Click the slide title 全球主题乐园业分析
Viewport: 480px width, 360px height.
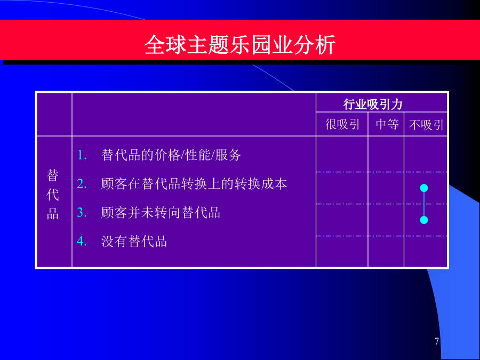(x=240, y=45)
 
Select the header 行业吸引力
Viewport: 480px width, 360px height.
(x=373, y=105)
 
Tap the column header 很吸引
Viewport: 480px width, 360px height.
(x=342, y=125)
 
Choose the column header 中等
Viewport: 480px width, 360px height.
(x=387, y=125)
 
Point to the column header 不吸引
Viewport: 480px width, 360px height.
(x=426, y=125)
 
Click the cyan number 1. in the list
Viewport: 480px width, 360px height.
(x=82, y=155)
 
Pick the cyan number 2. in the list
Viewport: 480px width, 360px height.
(x=82, y=183)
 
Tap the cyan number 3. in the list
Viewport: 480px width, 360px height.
(x=82, y=212)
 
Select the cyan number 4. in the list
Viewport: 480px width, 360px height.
(x=82, y=241)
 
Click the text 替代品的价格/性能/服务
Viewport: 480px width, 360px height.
(x=171, y=155)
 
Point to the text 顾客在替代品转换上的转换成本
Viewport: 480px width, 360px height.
(x=194, y=183)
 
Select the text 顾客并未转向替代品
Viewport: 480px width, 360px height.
(x=161, y=212)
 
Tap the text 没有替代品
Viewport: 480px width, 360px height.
(x=134, y=241)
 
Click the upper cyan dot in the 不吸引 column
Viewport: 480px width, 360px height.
(x=424, y=188)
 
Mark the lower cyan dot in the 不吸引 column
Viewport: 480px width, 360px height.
(x=424, y=220)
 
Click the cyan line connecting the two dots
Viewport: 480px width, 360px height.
(x=424, y=204)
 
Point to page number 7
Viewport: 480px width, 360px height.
(x=437, y=341)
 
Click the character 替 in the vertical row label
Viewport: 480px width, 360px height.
(x=53, y=175)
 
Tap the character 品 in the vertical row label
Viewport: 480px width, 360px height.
(x=53, y=214)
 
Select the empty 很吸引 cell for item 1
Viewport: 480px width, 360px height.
(x=342, y=154)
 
